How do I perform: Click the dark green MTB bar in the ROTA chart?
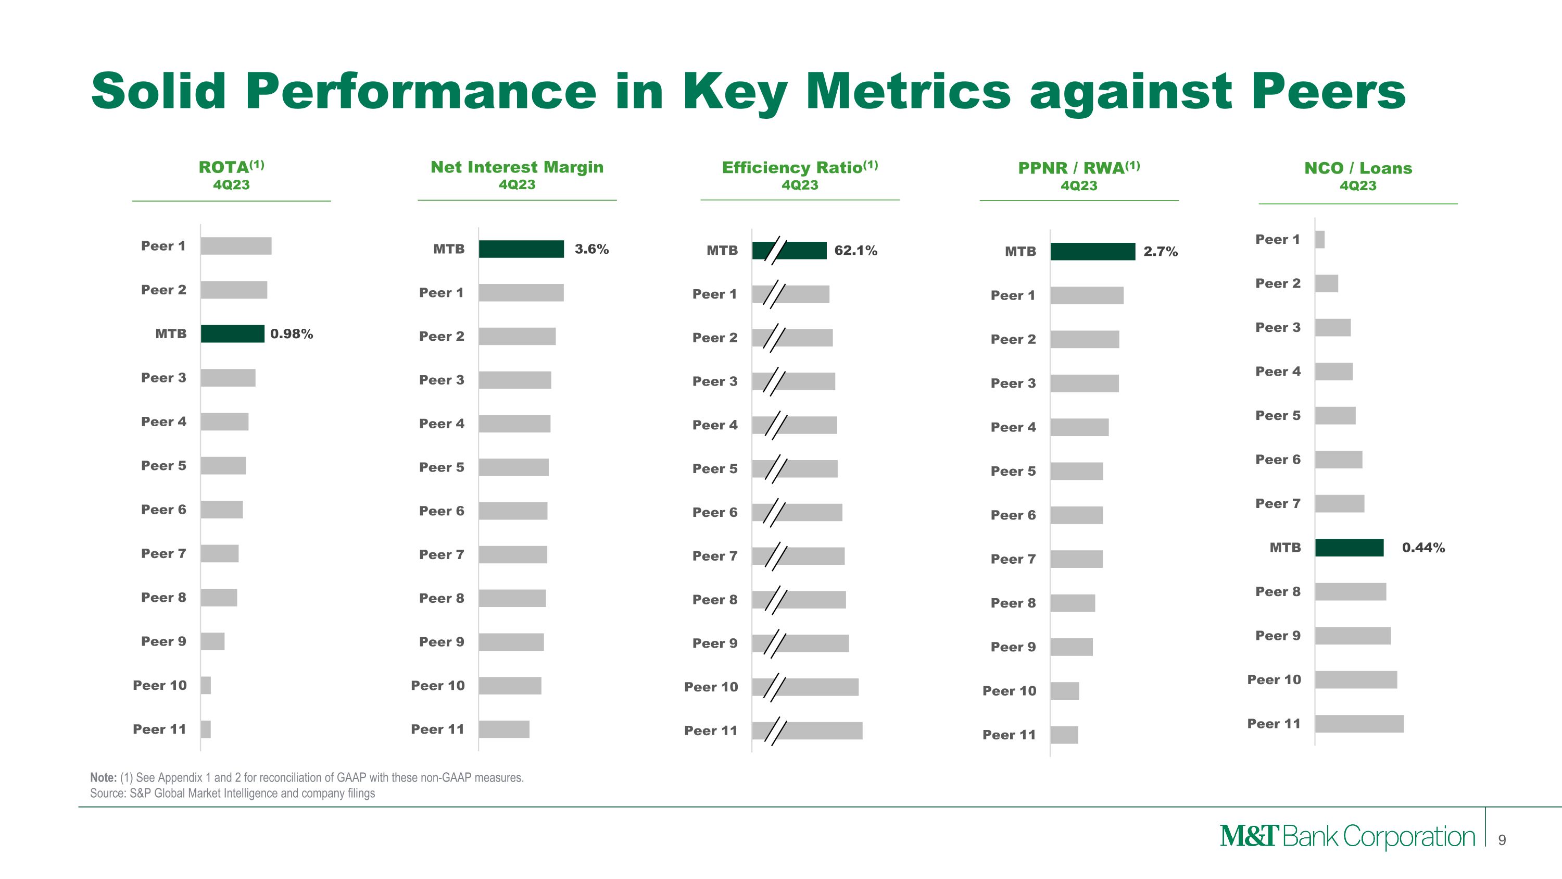pos(232,333)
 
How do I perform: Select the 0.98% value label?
pos(292,333)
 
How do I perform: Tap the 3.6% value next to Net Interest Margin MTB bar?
pos(592,249)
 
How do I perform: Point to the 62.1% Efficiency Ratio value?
pos(855,251)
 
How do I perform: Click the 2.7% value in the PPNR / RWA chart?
pos(1161,252)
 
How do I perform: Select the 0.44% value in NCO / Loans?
pos(1423,548)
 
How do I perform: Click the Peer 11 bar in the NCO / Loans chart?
pos(1359,724)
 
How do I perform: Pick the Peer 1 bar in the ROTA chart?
pos(236,246)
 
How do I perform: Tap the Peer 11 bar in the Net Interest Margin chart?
pos(504,729)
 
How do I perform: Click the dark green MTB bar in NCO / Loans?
pos(1349,548)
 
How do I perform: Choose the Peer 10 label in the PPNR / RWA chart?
pos(1010,691)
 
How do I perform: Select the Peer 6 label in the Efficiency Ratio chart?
pos(715,513)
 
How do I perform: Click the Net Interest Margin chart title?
pos(517,167)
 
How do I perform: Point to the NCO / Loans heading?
pos(1358,168)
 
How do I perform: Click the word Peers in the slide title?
pos(1329,91)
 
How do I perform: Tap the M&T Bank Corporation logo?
pos(1347,837)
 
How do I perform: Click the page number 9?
pos(1502,840)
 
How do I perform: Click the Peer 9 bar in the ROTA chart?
pos(212,641)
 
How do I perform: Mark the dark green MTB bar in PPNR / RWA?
pos(1093,252)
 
